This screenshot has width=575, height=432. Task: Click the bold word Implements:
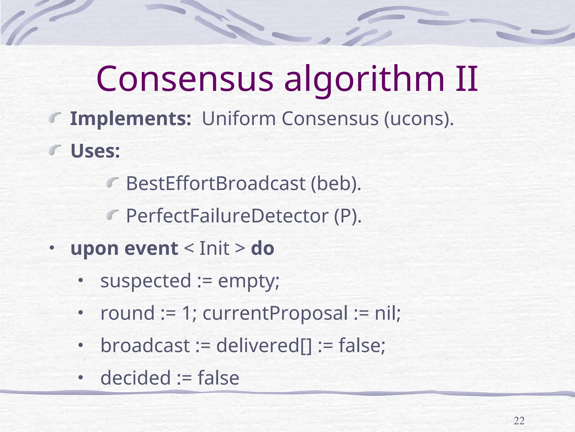[x=131, y=119]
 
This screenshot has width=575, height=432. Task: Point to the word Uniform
[x=239, y=119]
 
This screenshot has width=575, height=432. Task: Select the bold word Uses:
[x=95, y=151]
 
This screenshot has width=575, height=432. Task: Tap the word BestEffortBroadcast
[x=216, y=183]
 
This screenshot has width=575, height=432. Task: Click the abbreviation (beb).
[x=336, y=184]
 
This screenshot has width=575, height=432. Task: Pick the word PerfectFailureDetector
[x=227, y=216]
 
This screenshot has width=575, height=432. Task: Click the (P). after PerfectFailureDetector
[x=348, y=216]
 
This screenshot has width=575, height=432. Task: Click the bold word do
[x=263, y=248]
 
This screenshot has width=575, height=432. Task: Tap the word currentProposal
[x=275, y=313]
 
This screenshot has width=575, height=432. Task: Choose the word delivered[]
[x=264, y=345]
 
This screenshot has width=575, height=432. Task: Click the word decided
[x=136, y=378]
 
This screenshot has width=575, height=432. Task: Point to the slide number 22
[x=519, y=421]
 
